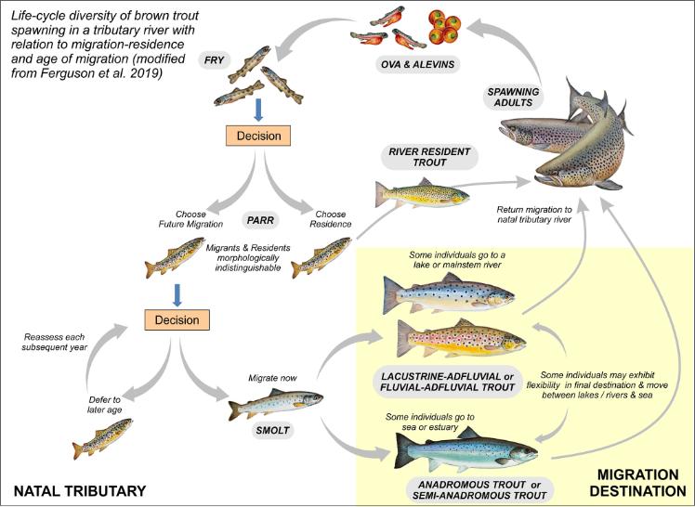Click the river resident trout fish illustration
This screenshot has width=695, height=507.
418,194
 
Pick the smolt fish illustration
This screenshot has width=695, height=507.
277,402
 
